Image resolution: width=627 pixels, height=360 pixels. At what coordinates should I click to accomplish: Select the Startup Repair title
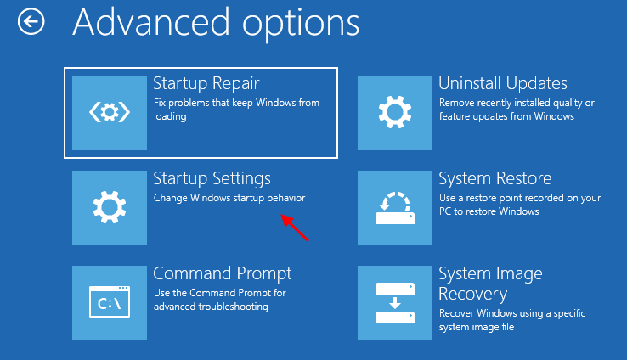coord(206,83)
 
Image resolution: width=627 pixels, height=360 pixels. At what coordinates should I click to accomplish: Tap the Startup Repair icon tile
coord(109,112)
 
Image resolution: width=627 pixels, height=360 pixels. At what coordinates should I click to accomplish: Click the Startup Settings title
coord(212,178)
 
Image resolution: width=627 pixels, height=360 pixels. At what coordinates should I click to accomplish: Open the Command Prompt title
coord(222,273)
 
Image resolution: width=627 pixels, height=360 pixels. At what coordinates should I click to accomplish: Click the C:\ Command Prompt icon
coord(109,302)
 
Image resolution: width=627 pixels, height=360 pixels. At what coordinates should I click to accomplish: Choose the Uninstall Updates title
coord(502,83)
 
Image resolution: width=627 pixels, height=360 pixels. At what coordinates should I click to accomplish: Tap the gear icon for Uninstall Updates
coord(394,112)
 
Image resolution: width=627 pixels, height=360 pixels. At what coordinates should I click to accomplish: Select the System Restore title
coord(494,178)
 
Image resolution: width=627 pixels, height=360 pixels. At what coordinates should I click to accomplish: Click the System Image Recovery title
coord(490,284)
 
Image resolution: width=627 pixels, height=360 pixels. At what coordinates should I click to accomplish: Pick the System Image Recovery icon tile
coord(394,302)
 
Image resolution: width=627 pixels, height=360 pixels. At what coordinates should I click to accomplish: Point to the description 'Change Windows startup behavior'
coord(229,198)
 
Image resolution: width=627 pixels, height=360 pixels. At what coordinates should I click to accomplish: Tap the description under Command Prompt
coord(220,300)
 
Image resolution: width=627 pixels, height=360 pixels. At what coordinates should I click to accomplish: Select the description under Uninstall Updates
coord(516,110)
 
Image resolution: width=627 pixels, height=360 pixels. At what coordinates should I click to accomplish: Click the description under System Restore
coord(519,205)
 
